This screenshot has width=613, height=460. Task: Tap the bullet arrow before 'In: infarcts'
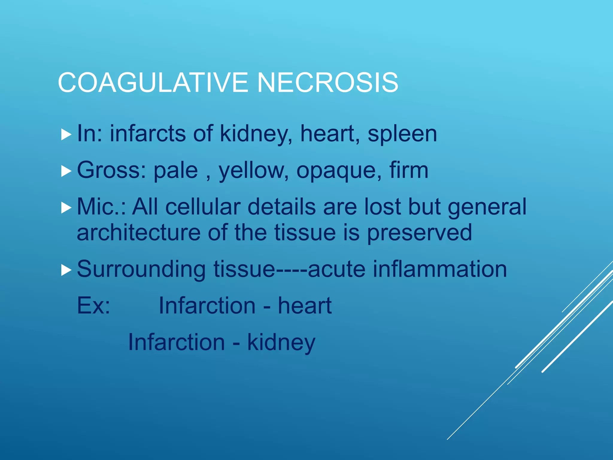(66, 134)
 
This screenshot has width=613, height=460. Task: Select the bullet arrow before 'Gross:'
(66, 171)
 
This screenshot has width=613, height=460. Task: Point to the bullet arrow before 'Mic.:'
(66, 208)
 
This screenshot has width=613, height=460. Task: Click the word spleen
(402, 134)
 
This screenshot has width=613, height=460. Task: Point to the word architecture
(139, 232)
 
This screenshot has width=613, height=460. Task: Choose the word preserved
(419, 233)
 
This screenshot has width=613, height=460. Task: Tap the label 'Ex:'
(94, 306)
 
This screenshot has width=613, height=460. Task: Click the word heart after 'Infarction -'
(305, 306)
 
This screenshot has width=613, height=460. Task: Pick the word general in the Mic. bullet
(487, 208)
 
